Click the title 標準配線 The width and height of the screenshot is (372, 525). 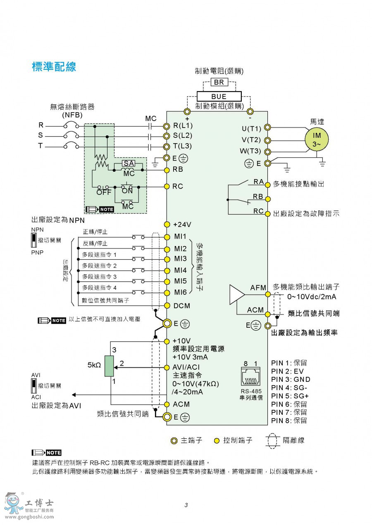click(x=54, y=67)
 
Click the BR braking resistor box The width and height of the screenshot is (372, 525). click(x=219, y=82)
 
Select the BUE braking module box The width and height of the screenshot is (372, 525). click(x=219, y=97)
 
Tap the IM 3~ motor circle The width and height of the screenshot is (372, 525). click(x=317, y=140)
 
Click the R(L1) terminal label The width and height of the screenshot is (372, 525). click(x=183, y=125)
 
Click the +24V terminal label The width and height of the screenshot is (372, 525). click(x=182, y=225)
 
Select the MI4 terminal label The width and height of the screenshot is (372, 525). click(x=180, y=271)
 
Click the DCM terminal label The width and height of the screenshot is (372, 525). click(x=182, y=305)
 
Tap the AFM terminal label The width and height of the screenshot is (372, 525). click(x=258, y=288)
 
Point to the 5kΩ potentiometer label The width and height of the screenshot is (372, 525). click(x=94, y=365)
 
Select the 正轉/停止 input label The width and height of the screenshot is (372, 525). click(x=95, y=232)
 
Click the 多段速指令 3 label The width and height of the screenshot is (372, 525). click(x=99, y=277)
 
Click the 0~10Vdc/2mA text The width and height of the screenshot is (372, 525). click(x=311, y=297)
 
